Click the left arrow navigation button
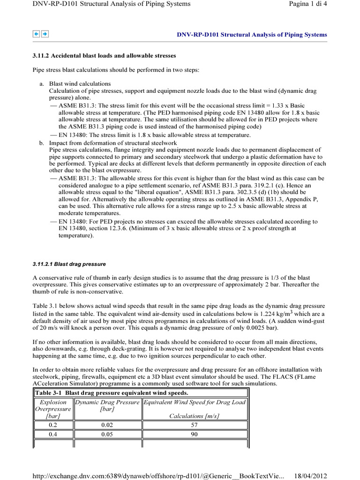[x=36, y=34]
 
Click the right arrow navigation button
[x=44, y=34]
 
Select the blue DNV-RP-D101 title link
[x=251, y=35]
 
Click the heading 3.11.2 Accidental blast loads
[x=104, y=56]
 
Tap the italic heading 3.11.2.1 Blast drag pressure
[x=68, y=264]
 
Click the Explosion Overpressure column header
[x=53, y=409]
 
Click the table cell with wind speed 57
[x=195, y=425]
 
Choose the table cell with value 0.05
[x=107, y=435]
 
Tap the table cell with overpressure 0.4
[x=53, y=435]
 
